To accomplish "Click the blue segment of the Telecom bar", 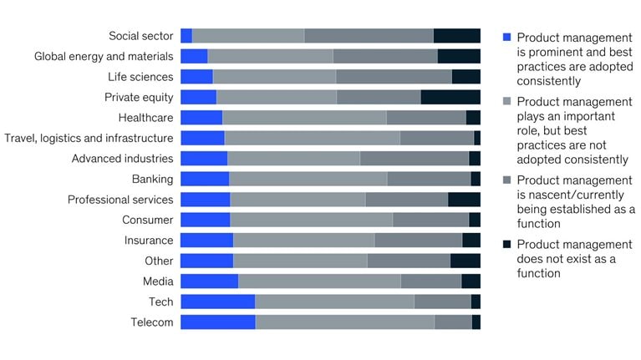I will point(217,322).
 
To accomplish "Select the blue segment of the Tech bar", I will point(217,302).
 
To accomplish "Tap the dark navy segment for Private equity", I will point(450,97).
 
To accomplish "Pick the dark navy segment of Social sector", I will point(456,36).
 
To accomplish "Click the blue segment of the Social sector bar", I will point(186,36).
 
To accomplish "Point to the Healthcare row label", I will point(146,118).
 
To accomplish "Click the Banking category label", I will point(152,179).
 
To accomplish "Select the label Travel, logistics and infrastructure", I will point(89,138).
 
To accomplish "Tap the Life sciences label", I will point(140,77).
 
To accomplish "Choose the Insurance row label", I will point(149,241).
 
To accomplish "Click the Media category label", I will point(158,281).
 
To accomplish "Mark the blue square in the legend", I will point(506,38).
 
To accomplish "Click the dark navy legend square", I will point(506,245).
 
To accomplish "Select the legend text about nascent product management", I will point(575,201).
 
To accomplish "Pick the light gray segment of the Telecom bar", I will point(344,322).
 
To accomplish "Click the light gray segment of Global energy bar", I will point(270,56).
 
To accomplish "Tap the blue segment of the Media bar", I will point(209,281).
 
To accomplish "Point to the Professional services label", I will point(120,200).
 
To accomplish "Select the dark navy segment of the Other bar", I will point(465,261).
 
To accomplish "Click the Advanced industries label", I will point(122,159).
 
